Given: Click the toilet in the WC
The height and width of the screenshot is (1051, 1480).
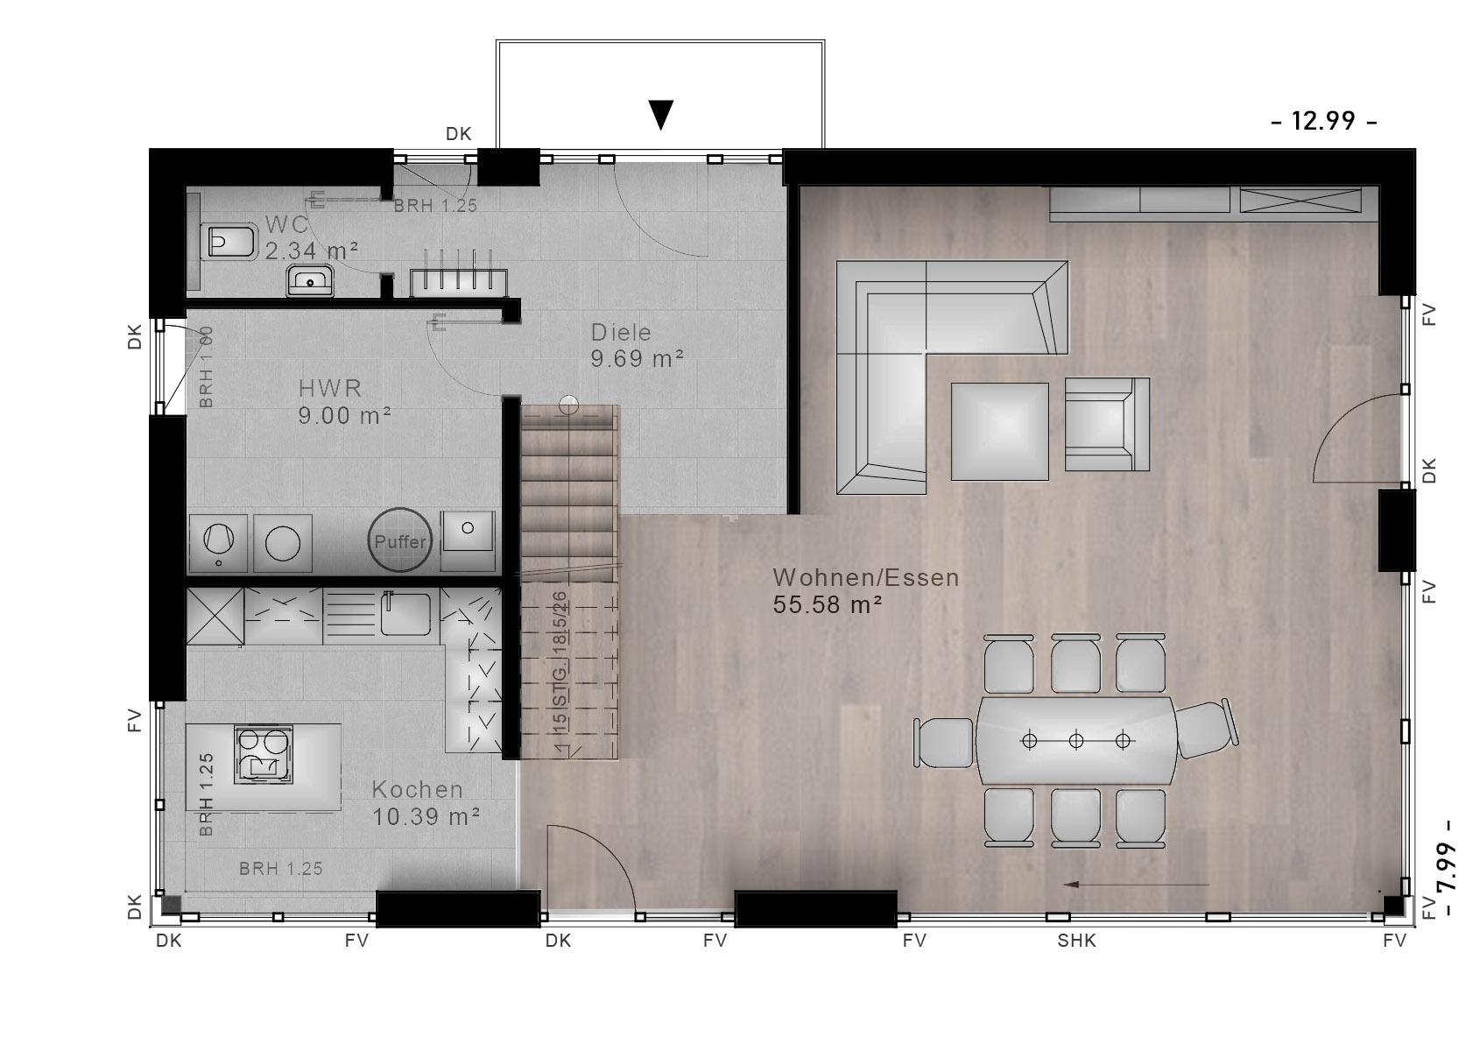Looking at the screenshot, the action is click(231, 242).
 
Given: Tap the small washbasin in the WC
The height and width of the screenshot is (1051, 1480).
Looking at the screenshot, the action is click(310, 281).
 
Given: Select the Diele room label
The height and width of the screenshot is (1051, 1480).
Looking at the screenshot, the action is click(621, 332).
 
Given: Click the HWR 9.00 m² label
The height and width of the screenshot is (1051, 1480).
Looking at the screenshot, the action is click(344, 402).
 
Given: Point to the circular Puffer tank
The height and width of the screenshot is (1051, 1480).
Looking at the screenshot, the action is click(399, 540).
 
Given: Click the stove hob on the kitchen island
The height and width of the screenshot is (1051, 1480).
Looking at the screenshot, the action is click(263, 755).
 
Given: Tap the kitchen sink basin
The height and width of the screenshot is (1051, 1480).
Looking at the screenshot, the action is click(405, 614).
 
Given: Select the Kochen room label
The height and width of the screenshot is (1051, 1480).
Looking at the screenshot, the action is click(417, 789).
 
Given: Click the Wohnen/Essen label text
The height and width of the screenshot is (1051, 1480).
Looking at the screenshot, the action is click(865, 578).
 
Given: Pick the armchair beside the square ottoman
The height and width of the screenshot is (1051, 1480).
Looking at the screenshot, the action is click(1107, 424).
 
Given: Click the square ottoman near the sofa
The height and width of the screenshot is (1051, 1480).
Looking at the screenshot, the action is click(1000, 432).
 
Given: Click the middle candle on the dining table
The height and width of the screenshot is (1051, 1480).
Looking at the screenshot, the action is click(1075, 741).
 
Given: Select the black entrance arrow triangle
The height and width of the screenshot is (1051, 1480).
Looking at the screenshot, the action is click(660, 114).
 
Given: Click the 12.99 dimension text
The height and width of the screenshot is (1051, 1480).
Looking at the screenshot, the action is click(1323, 121).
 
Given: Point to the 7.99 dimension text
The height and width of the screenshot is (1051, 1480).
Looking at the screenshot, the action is click(1448, 868).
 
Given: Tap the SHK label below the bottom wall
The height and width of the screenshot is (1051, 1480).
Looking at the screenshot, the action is click(1076, 941).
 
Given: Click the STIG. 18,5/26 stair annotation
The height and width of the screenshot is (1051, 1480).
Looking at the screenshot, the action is click(560, 673).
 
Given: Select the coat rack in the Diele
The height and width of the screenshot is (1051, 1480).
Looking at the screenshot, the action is click(459, 274).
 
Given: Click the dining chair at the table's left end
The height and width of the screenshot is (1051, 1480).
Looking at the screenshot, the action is click(944, 743).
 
